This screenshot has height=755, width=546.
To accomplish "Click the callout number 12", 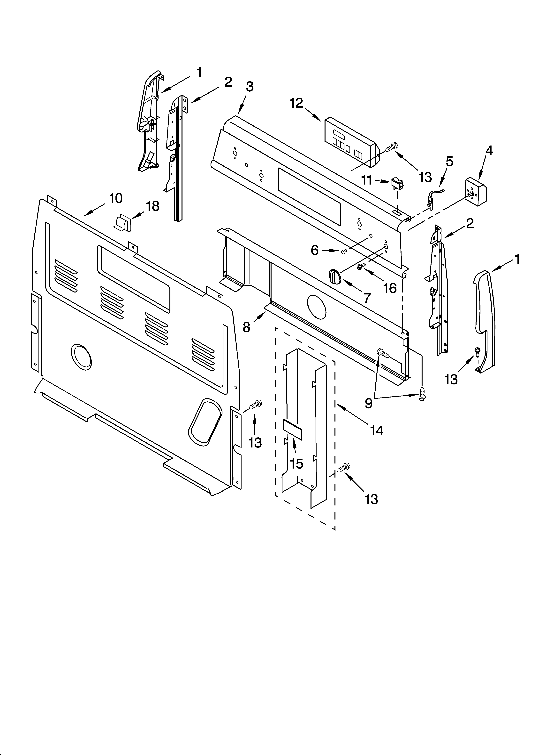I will click(x=296, y=104).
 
